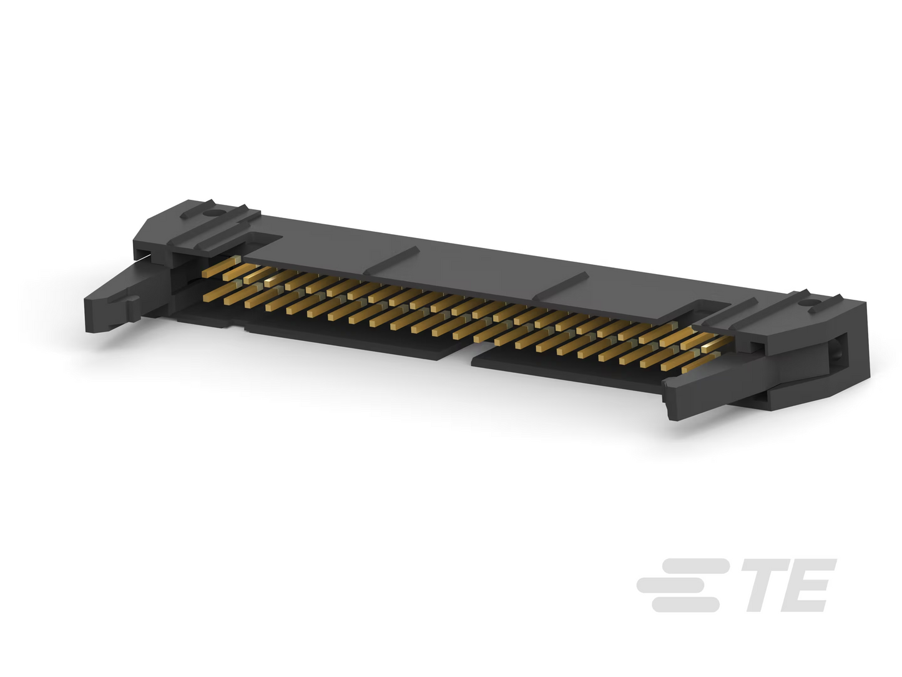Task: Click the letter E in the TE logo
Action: (806, 585)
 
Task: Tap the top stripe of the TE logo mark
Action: (694, 566)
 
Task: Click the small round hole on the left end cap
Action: (213, 214)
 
